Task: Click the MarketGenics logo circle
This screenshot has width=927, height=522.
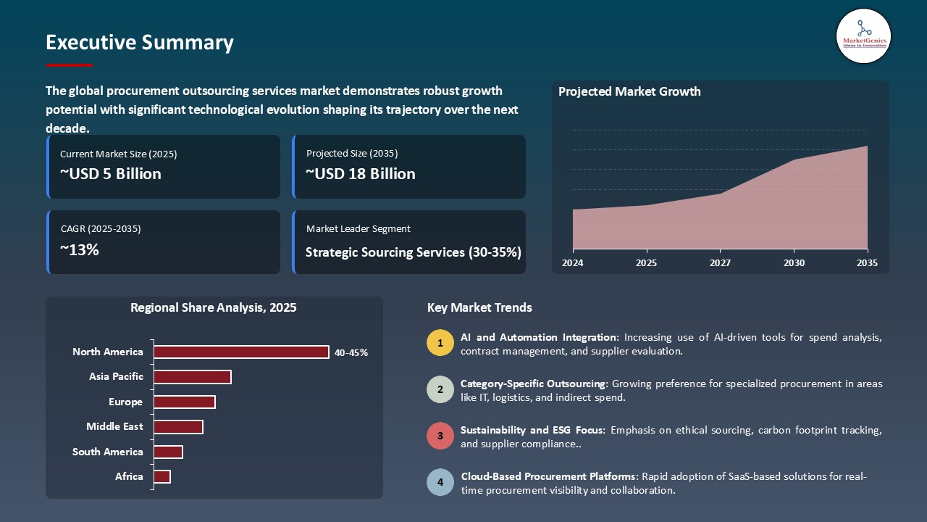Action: click(x=863, y=36)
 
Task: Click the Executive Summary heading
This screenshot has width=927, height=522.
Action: click(x=140, y=43)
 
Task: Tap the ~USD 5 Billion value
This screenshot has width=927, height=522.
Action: click(x=111, y=174)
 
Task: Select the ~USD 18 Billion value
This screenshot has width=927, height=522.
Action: click(x=361, y=174)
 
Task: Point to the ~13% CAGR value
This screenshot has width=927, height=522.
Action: click(x=80, y=250)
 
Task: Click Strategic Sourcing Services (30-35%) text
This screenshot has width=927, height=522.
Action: click(x=413, y=252)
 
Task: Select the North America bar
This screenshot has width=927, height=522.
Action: click(x=241, y=352)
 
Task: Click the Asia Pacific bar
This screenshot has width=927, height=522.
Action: click(x=193, y=377)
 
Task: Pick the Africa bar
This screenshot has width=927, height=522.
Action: click(x=162, y=476)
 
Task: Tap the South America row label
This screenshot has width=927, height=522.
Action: click(x=108, y=452)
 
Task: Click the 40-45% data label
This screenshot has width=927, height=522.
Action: click(x=351, y=353)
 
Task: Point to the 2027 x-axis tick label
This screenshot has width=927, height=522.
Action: click(x=720, y=263)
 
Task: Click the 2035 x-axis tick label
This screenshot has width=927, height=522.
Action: click(x=867, y=263)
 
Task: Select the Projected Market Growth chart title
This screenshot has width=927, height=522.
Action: click(x=629, y=91)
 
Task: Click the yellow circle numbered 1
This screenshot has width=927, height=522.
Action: click(x=440, y=343)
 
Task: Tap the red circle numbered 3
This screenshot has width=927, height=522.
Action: click(x=440, y=436)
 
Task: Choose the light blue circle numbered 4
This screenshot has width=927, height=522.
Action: click(x=440, y=482)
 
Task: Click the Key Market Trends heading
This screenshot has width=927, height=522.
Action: click(x=479, y=307)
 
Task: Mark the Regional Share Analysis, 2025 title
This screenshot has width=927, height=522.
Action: click(x=214, y=307)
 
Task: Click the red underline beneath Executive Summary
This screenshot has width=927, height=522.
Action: click(x=70, y=65)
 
